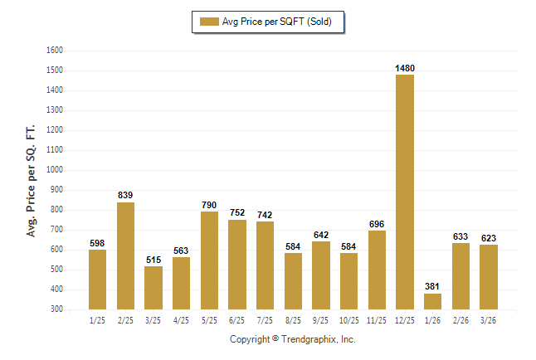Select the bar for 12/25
click(x=405, y=192)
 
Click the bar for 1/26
click(x=432, y=301)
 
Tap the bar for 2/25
click(x=125, y=255)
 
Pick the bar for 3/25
click(x=153, y=288)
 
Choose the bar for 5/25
click(x=209, y=260)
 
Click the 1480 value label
click(x=405, y=68)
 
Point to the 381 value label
click(x=432, y=287)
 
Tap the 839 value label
click(x=125, y=196)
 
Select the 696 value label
click(x=377, y=224)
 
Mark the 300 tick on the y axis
click(x=56, y=309)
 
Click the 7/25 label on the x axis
click(x=265, y=321)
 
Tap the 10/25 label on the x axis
click(x=348, y=321)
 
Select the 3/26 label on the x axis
click(x=488, y=321)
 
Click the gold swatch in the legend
click(x=208, y=22)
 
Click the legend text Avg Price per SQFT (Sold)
click(x=276, y=22)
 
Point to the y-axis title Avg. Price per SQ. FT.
click(x=32, y=181)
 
